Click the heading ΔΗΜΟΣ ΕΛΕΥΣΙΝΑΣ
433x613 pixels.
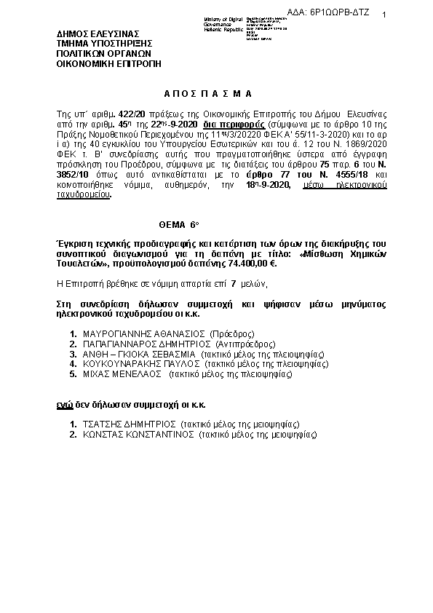[98, 34]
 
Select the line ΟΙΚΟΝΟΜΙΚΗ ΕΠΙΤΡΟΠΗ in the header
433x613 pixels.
[108, 63]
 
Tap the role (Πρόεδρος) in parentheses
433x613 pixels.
[231, 333]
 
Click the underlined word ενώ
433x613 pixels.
[65, 404]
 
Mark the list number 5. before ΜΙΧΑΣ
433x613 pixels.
[74, 374]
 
